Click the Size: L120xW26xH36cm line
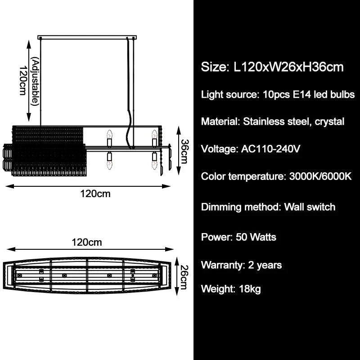(272, 67)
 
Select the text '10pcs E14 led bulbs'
(306, 95)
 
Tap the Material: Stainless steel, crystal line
(273, 121)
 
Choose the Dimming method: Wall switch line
(268, 207)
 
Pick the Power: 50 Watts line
(238, 237)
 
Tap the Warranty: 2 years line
(241, 265)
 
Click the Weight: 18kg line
(231, 288)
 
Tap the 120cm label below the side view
(95, 194)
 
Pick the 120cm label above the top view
(87, 243)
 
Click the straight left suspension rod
(41, 81)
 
